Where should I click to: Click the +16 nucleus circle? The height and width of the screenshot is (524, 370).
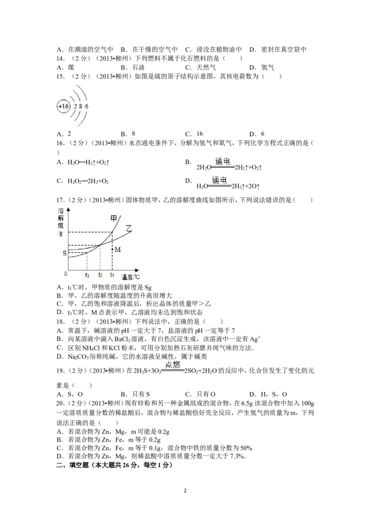63,106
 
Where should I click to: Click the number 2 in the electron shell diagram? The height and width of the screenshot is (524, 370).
75,106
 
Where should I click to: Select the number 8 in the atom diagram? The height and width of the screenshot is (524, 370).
80,106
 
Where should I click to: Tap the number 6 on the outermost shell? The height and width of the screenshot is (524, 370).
86,106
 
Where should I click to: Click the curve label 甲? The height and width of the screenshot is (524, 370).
113,218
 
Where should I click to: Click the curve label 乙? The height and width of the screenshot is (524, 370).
129,228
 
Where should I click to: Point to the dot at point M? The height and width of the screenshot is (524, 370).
112,250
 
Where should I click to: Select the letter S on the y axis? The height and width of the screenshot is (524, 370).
64,253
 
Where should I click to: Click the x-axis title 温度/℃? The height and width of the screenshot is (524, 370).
130,277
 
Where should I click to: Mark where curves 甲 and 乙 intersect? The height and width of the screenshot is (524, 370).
100,245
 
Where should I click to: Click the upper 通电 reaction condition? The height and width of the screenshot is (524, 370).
223,162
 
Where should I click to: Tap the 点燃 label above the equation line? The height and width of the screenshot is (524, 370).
172,365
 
